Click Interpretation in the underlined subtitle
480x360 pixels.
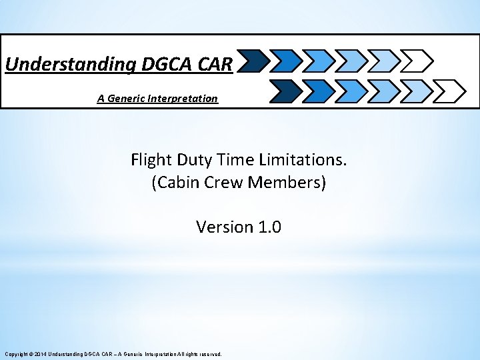pyautogui.click(x=185, y=99)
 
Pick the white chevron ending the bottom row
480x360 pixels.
pyautogui.click(x=451, y=89)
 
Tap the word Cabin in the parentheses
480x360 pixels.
pyautogui.click(x=175, y=183)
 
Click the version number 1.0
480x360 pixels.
pyautogui.click(x=267, y=227)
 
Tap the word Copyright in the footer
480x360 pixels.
pyautogui.click(x=16, y=354)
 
